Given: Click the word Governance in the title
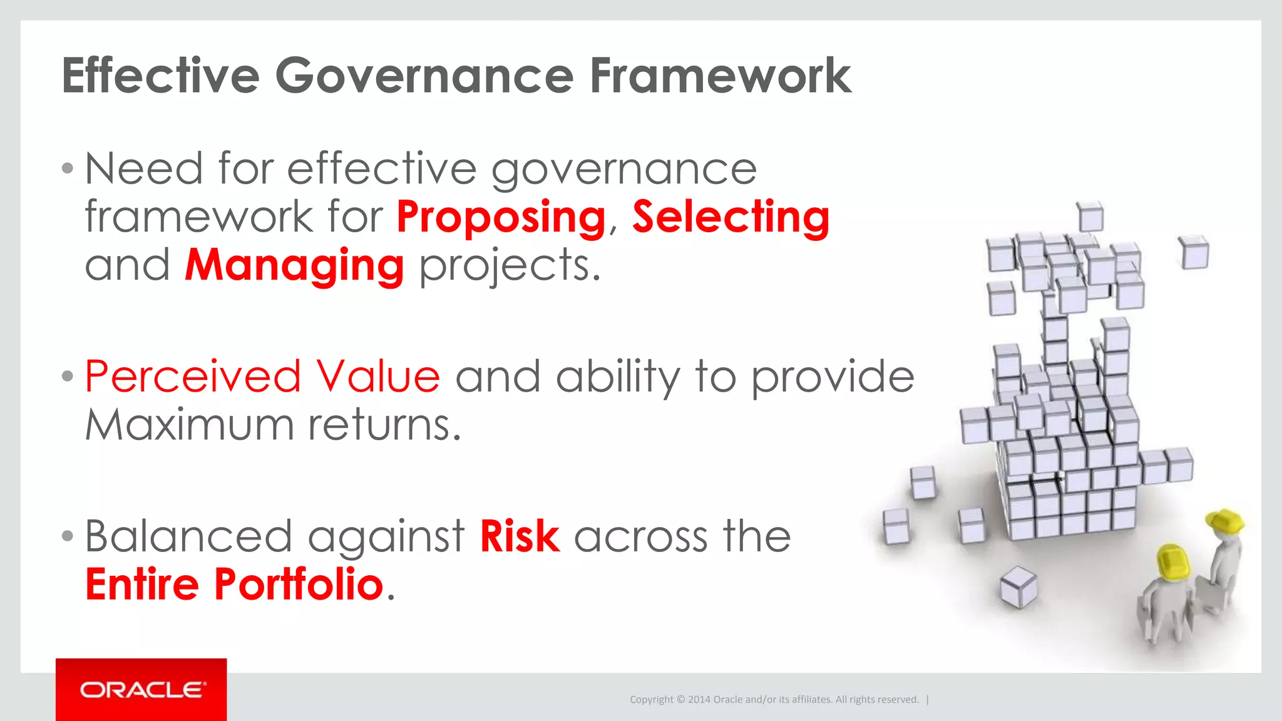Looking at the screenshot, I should coord(424,76).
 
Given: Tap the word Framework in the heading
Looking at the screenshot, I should coord(720,76).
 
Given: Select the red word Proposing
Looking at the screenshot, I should coord(501,217).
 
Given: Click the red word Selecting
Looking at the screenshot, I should coord(731,217).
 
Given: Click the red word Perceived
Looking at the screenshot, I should coord(193,377).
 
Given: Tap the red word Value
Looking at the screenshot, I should coord(377,377).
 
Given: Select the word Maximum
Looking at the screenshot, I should coord(189,425).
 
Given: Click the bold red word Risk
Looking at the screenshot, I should coord(519,536).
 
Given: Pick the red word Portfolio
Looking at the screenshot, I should coord(299,584).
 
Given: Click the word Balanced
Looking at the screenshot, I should coord(188,536).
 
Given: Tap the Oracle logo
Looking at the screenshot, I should coord(141,690).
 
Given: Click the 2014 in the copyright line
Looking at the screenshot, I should coord(699,700).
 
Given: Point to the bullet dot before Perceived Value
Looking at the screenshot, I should coord(68,377).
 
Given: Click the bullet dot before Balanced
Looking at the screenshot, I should coord(68,536).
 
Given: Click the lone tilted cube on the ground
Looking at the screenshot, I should coord(1018,586).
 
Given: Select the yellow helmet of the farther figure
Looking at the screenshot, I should coord(1226,521).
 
